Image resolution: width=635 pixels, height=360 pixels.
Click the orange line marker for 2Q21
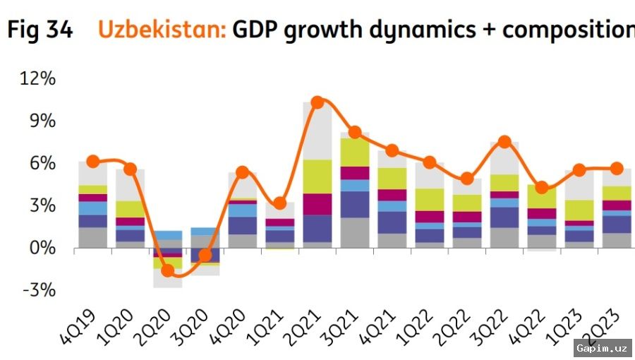[317, 102]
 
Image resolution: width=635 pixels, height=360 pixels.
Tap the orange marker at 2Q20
[168, 270]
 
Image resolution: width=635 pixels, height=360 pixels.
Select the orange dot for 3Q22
[504, 142]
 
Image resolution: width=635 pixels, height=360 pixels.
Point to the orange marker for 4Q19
[93, 162]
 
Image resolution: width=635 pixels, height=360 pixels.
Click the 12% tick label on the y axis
[37, 78]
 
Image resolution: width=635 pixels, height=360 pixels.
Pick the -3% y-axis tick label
[39, 290]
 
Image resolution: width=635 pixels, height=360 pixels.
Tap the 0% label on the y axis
[42, 248]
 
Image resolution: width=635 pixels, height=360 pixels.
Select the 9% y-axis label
[42, 121]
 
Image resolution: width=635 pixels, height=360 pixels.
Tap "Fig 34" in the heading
[40, 30]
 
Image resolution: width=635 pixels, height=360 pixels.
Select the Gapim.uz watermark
[603, 348]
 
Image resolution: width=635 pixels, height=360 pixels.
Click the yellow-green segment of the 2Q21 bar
[317, 176]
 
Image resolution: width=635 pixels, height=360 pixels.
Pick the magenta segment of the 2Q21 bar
[317, 204]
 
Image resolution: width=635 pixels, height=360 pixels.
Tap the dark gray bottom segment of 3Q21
[355, 232]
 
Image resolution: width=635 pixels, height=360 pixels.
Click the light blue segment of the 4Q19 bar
[92, 208]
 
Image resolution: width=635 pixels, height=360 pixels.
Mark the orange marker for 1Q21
[280, 203]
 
